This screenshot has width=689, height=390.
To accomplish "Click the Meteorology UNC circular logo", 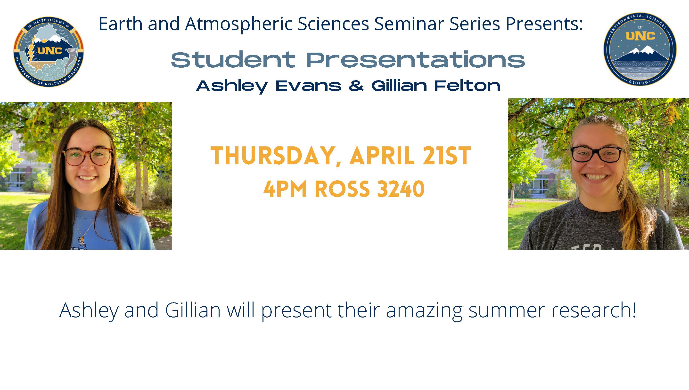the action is tap(49, 52).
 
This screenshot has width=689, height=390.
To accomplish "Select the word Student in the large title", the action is tap(233, 59).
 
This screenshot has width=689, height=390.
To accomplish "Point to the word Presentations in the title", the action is tap(415, 59).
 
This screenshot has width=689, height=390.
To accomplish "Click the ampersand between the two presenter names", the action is tap(356, 86).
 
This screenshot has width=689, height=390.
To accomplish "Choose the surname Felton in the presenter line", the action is tap(467, 86).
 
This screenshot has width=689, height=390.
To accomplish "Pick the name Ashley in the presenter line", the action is tap(232, 86).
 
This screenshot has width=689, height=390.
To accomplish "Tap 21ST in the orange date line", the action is tap(446, 156).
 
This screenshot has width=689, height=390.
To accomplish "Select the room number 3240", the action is tap(401, 189).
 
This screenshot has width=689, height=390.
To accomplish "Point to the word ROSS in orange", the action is tap(342, 189).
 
